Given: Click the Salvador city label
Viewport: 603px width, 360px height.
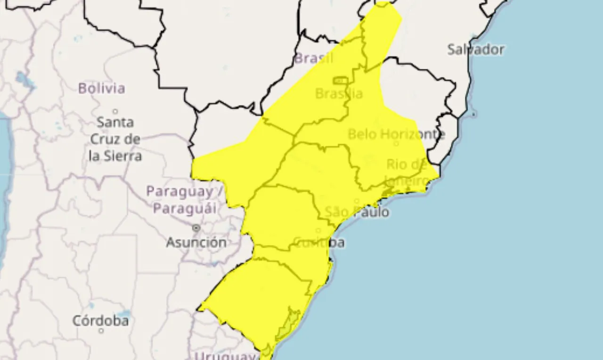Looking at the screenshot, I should [x=475, y=49].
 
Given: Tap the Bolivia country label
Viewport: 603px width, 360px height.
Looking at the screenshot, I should [x=102, y=88].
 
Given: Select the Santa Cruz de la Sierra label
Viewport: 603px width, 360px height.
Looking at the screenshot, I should [x=115, y=139].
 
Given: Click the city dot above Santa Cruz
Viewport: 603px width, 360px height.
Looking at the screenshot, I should [x=115, y=111].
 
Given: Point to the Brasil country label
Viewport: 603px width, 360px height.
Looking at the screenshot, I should [x=313, y=58].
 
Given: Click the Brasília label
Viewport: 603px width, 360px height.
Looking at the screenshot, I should [x=339, y=94].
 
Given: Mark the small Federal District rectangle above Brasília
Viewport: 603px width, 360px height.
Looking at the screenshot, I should [x=340, y=81].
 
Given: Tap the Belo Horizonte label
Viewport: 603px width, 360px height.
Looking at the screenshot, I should [x=396, y=134].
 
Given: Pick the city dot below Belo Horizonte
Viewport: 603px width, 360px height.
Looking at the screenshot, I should [x=396, y=143].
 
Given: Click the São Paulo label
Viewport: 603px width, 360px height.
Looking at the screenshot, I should [x=357, y=212].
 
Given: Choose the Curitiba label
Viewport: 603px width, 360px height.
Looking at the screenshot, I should [x=319, y=243].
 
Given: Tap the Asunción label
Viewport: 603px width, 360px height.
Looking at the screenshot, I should [x=196, y=243].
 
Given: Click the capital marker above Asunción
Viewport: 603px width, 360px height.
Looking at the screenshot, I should [x=196, y=228].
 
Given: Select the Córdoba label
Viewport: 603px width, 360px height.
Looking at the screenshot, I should [x=100, y=321].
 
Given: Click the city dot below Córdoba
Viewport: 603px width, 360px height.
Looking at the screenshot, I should [x=101, y=331].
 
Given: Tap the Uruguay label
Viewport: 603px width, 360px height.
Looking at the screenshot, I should [x=225, y=355].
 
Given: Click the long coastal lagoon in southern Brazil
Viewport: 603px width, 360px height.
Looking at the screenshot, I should [x=287, y=325].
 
